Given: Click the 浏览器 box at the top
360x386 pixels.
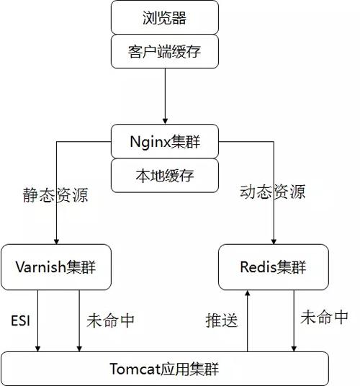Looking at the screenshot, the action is [x=165, y=17].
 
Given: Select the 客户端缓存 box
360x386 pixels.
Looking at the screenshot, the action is [x=165, y=51].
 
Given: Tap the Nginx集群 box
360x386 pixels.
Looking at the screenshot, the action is [x=165, y=141].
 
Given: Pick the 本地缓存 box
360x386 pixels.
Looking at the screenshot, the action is [x=165, y=175].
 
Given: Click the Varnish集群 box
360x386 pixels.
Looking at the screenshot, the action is [x=56, y=267].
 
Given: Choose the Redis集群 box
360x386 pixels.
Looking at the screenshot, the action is [x=274, y=267].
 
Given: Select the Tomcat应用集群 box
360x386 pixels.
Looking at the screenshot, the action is [x=165, y=369].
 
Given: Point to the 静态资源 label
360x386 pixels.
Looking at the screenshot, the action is [x=55, y=195].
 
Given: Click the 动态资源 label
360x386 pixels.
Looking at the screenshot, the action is [x=273, y=192].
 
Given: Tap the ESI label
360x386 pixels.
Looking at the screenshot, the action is [x=21, y=320].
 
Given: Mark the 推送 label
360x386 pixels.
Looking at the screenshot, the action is [x=222, y=320].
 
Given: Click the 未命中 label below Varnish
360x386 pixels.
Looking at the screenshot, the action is [x=110, y=320].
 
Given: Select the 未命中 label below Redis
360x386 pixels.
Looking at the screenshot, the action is [x=324, y=317].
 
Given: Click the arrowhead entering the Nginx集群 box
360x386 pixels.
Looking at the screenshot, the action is [x=165, y=121].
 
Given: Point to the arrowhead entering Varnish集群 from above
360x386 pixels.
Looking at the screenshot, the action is [x=56, y=241].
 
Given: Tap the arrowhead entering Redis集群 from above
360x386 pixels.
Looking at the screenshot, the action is [x=274, y=241].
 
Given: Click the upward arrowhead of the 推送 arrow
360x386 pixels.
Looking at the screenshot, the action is [x=248, y=293].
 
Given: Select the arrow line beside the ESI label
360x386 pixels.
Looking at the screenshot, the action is [x=37, y=320].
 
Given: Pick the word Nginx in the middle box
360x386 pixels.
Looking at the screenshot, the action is [x=150, y=143].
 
